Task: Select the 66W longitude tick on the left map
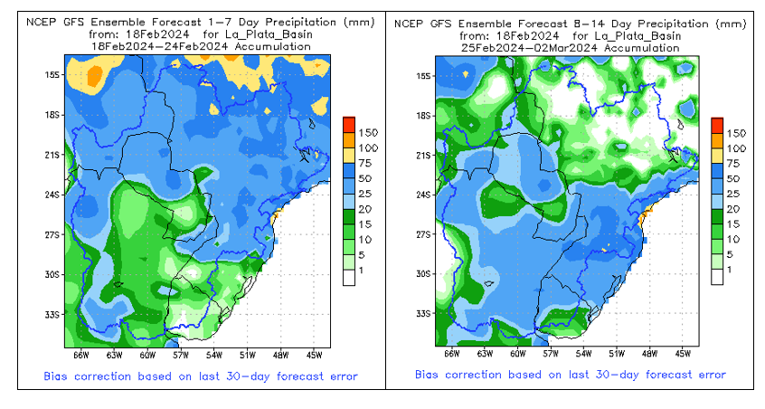79,355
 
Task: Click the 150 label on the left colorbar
368,133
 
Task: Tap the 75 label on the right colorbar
735,164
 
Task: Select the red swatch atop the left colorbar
349,124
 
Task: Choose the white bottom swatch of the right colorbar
717,278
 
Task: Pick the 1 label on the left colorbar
363,271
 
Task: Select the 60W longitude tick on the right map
517,355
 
